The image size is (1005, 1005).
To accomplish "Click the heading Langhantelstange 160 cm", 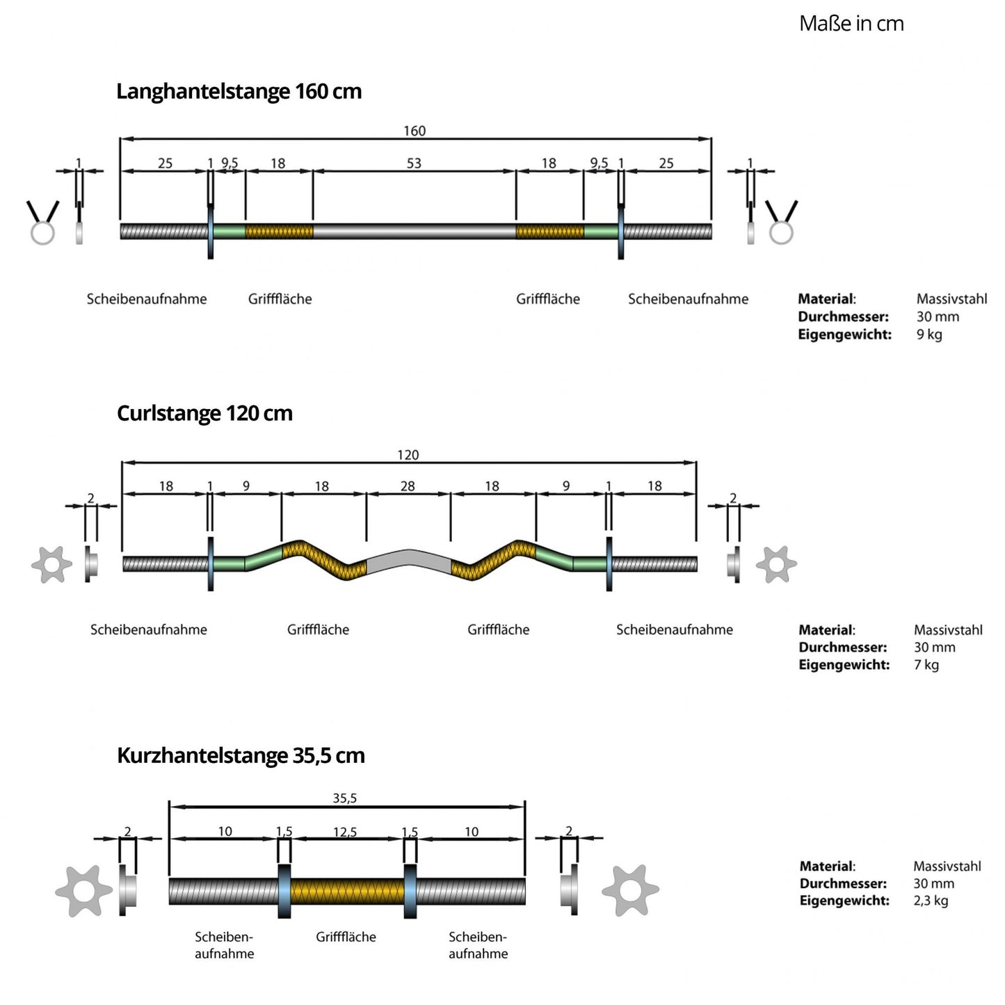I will pos(239,91).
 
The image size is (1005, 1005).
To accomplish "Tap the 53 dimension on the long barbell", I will pos(414,163).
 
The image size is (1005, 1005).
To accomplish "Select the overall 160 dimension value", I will pos(415,131).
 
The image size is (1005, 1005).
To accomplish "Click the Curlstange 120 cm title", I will pos(204,413).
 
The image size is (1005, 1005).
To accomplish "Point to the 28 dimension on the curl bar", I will pos(408,486).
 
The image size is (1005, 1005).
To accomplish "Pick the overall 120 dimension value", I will pos(408,455).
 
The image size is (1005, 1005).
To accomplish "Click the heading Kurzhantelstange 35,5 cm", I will pos(241,755).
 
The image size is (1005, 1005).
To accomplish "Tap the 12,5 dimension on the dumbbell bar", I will pos(345,832).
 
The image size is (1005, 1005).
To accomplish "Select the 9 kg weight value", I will pos(929,335).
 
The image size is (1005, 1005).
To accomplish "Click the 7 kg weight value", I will pos(926,665).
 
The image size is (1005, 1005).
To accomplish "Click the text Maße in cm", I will pos(851,24).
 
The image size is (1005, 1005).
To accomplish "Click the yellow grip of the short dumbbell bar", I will pos(347,891).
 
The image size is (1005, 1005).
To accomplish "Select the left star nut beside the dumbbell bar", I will pos(83,891).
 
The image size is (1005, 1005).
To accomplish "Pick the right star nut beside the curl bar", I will pos(776,564).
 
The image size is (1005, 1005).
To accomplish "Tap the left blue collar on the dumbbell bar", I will pos(284,891).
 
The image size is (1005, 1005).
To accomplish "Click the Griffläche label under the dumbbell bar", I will pos(346,937).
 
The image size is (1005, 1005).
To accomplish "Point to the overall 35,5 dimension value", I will pos(345,798).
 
